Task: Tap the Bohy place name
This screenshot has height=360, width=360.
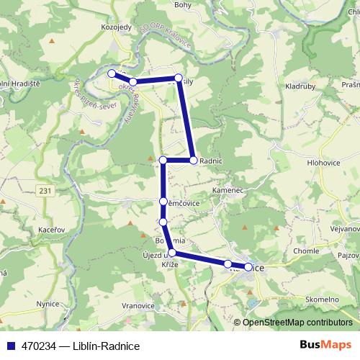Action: coord(183,4)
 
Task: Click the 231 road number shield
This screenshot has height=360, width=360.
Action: coord(46,190)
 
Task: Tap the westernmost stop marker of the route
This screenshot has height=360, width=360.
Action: coord(112,73)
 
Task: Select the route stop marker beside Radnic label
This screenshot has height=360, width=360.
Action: coord(193,160)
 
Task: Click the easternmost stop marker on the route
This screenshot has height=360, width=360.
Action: coord(248,267)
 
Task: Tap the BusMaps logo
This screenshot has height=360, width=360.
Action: coord(325,345)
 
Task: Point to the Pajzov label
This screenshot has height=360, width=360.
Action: coord(348,256)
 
